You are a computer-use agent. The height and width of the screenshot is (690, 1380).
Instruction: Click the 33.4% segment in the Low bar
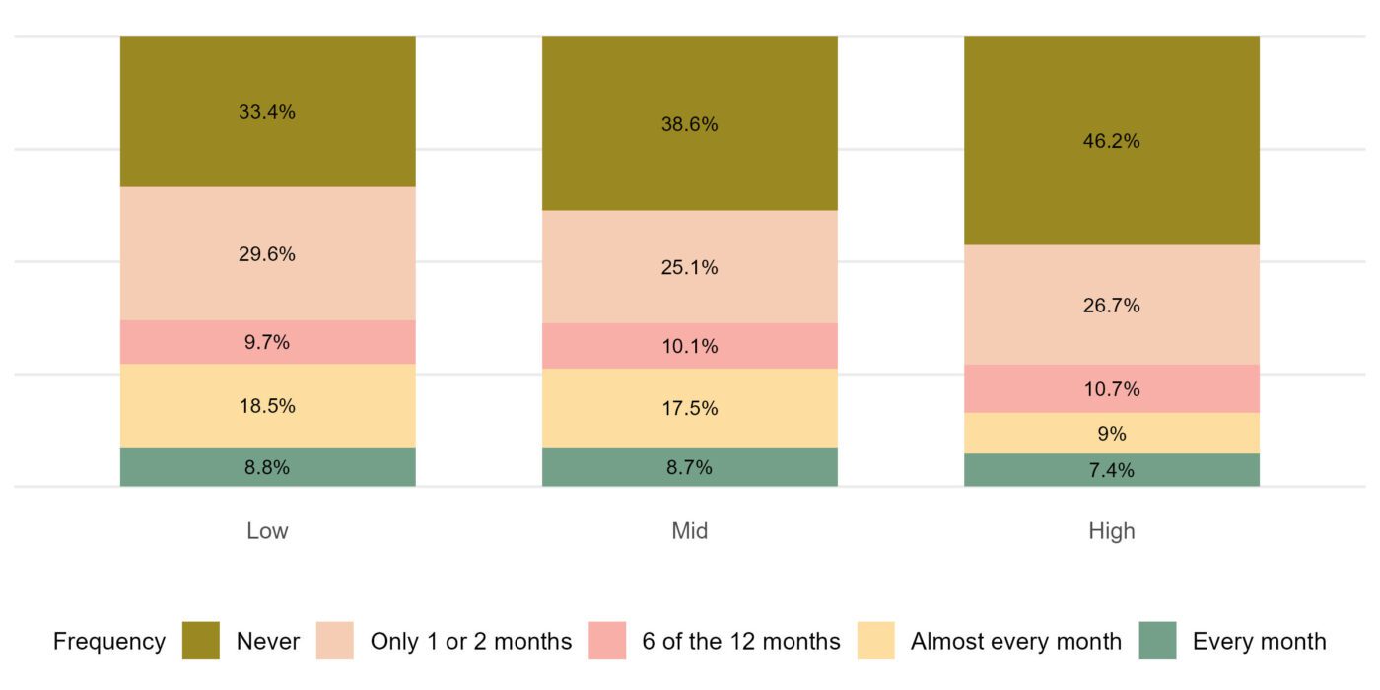[x=267, y=111]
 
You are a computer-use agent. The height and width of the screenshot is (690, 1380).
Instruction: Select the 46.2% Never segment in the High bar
[x=1111, y=141]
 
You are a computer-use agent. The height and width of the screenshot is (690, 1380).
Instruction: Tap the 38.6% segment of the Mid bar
[x=689, y=124]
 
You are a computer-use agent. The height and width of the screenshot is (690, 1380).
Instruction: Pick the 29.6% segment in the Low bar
[x=267, y=253]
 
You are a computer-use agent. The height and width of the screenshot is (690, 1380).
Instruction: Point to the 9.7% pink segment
[x=267, y=342]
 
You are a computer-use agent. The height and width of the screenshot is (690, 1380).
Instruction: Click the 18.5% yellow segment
[x=267, y=405]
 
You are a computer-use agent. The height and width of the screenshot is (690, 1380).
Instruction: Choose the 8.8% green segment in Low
[x=267, y=467]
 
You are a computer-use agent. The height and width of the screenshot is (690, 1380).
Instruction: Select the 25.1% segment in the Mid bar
[x=689, y=267]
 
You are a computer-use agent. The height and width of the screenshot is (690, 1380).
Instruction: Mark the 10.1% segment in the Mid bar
[x=689, y=346]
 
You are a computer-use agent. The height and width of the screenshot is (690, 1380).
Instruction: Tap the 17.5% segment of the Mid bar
[x=689, y=408]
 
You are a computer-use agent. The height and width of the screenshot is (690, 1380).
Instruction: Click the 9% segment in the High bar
[x=1111, y=433]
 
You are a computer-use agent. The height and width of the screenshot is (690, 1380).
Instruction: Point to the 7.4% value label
[x=1111, y=470]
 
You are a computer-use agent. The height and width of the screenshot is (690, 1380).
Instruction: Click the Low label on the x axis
[x=267, y=531]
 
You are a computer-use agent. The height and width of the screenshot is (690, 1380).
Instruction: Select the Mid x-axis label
[x=689, y=531]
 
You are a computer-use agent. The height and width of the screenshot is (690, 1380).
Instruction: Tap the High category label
[x=1111, y=531]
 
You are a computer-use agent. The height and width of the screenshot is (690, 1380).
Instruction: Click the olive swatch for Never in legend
[x=201, y=641]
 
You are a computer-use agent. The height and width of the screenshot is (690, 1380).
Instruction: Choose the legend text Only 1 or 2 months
[x=470, y=641]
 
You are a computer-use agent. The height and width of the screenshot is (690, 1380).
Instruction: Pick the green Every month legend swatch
[x=1157, y=641]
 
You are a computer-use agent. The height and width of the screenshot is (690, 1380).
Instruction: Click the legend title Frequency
[x=108, y=641]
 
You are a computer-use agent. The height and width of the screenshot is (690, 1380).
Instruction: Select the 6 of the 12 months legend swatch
[x=607, y=641]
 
